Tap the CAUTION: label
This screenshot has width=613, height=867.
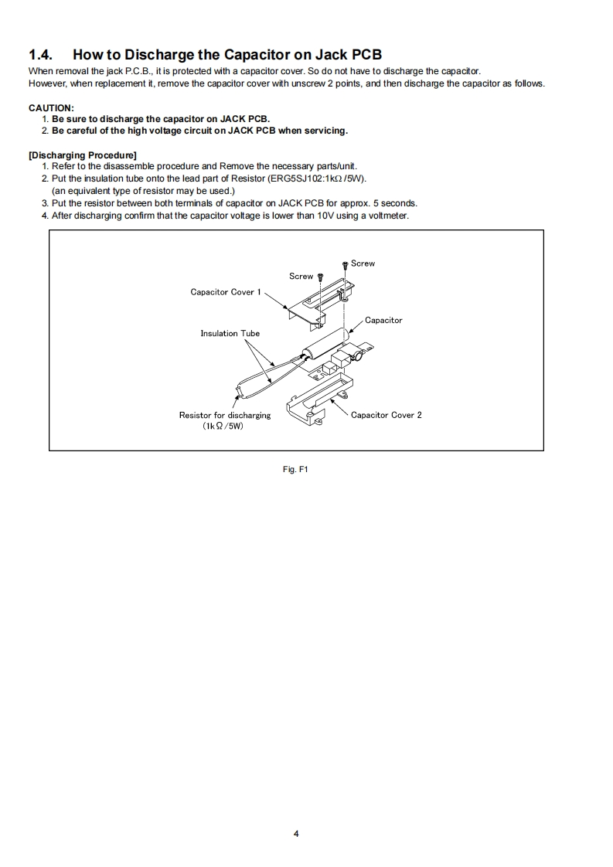51,108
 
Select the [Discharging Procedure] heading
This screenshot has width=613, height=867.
82,155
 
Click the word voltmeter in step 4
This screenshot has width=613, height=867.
389,215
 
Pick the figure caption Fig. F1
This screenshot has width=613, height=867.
296,469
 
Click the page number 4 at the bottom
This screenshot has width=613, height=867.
296,834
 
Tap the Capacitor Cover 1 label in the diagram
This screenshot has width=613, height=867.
226,292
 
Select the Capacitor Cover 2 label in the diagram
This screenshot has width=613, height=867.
387,415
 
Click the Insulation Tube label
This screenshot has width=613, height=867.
230,334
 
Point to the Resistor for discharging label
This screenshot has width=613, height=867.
225,415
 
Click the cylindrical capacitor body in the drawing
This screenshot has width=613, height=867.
325,344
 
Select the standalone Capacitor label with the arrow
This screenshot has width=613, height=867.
383,320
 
